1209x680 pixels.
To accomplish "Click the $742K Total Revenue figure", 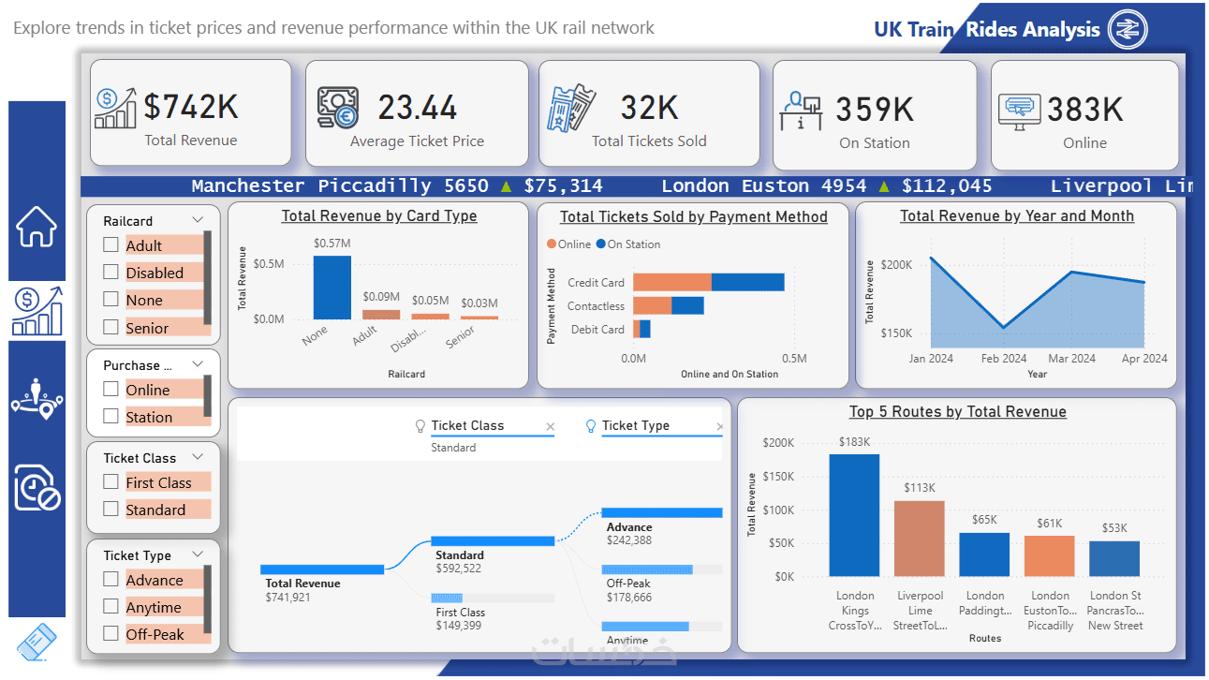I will [x=191, y=108].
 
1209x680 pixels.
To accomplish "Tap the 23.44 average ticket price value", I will [x=418, y=108].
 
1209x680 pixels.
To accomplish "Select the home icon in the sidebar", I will [x=37, y=227].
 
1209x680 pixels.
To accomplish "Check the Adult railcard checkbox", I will [x=111, y=245].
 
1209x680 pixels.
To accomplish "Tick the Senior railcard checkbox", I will [x=111, y=327].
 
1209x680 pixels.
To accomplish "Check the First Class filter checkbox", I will [x=111, y=482].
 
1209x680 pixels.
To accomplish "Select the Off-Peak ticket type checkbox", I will [x=111, y=633].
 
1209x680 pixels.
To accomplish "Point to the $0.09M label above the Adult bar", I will [x=381, y=297].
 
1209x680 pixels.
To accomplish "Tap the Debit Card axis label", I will [x=597, y=330].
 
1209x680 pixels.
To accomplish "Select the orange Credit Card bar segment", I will [x=671, y=282].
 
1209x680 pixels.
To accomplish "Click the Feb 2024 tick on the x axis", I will [x=1004, y=359].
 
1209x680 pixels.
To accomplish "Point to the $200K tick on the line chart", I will [x=896, y=265].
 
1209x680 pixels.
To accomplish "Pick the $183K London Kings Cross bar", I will [x=854, y=515].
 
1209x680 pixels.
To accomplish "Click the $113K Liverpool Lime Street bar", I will [x=919, y=539].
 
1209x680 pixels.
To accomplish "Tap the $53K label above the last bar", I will [x=1114, y=528].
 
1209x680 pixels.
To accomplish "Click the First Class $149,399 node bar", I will [x=459, y=598].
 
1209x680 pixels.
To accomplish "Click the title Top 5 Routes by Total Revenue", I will [x=957, y=412].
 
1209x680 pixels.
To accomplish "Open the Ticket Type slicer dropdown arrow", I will [x=198, y=554].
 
